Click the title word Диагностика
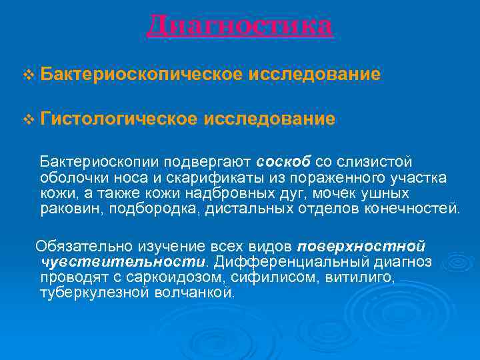pos(239,26)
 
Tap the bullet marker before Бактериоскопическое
pos(27,75)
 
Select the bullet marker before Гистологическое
pos(27,119)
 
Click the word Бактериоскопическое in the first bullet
pos(141,74)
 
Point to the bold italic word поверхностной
pos(361,245)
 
